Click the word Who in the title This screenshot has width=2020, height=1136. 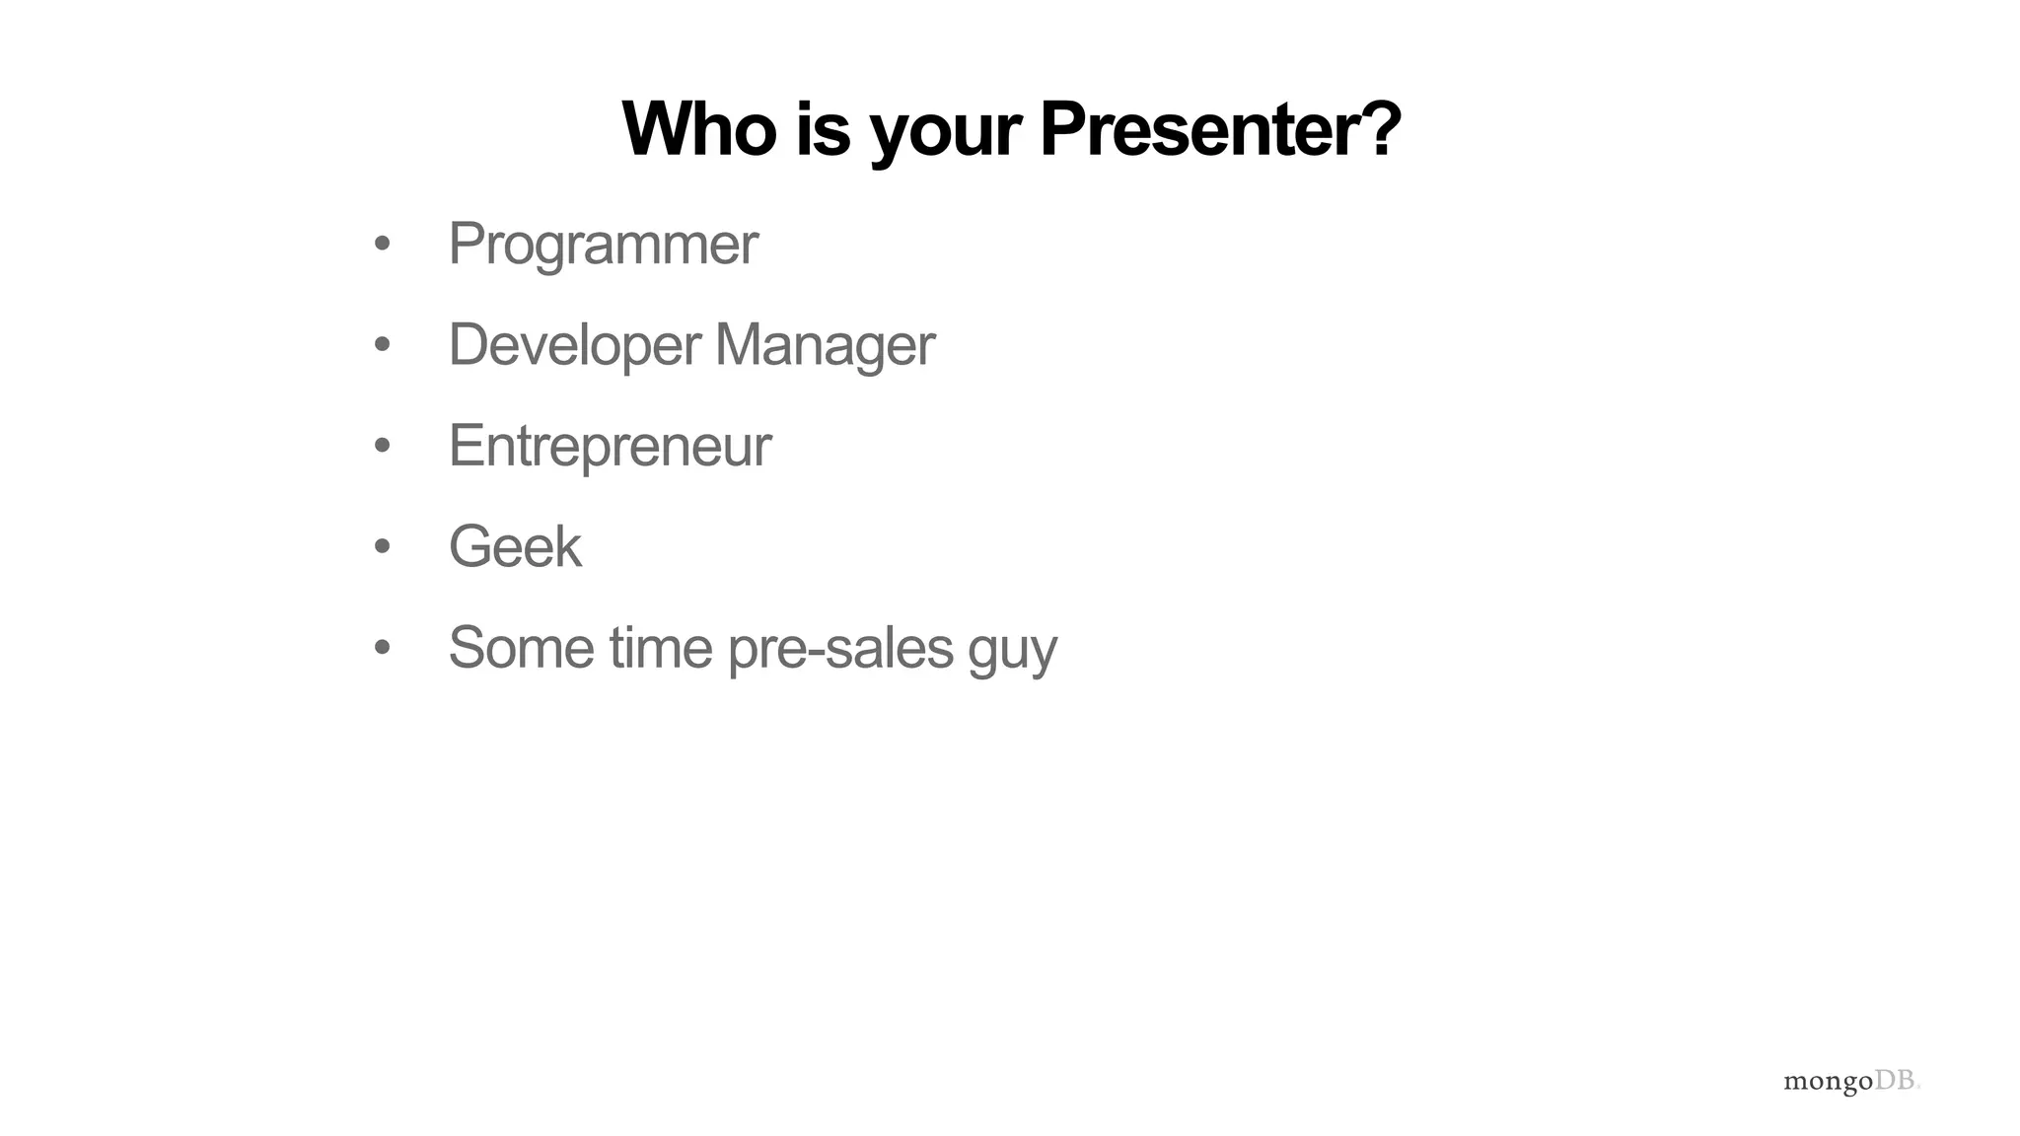(699, 129)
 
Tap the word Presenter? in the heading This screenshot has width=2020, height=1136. (1219, 129)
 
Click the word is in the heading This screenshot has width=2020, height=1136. (823, 129)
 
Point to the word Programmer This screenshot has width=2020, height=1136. (603, 245)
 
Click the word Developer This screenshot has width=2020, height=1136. (574, 345)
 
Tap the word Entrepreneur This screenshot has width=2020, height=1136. (610, 447)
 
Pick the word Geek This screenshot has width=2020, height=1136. (515, 546)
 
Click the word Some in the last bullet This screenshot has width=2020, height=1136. (522, 648)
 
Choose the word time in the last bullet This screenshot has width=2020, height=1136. (660, 648)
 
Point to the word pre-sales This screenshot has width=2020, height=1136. (840, 650)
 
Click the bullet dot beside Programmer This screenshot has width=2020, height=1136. (383, 244)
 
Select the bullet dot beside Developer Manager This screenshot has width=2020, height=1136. (383, 345)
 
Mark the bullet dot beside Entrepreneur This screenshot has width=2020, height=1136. (383, 446)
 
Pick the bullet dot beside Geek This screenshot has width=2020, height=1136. (383, 546)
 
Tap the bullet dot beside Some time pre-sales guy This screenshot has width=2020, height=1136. (383, 648)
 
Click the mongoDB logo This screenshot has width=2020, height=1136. (1851, 1082)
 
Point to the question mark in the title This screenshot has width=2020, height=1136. (1380, 129)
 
